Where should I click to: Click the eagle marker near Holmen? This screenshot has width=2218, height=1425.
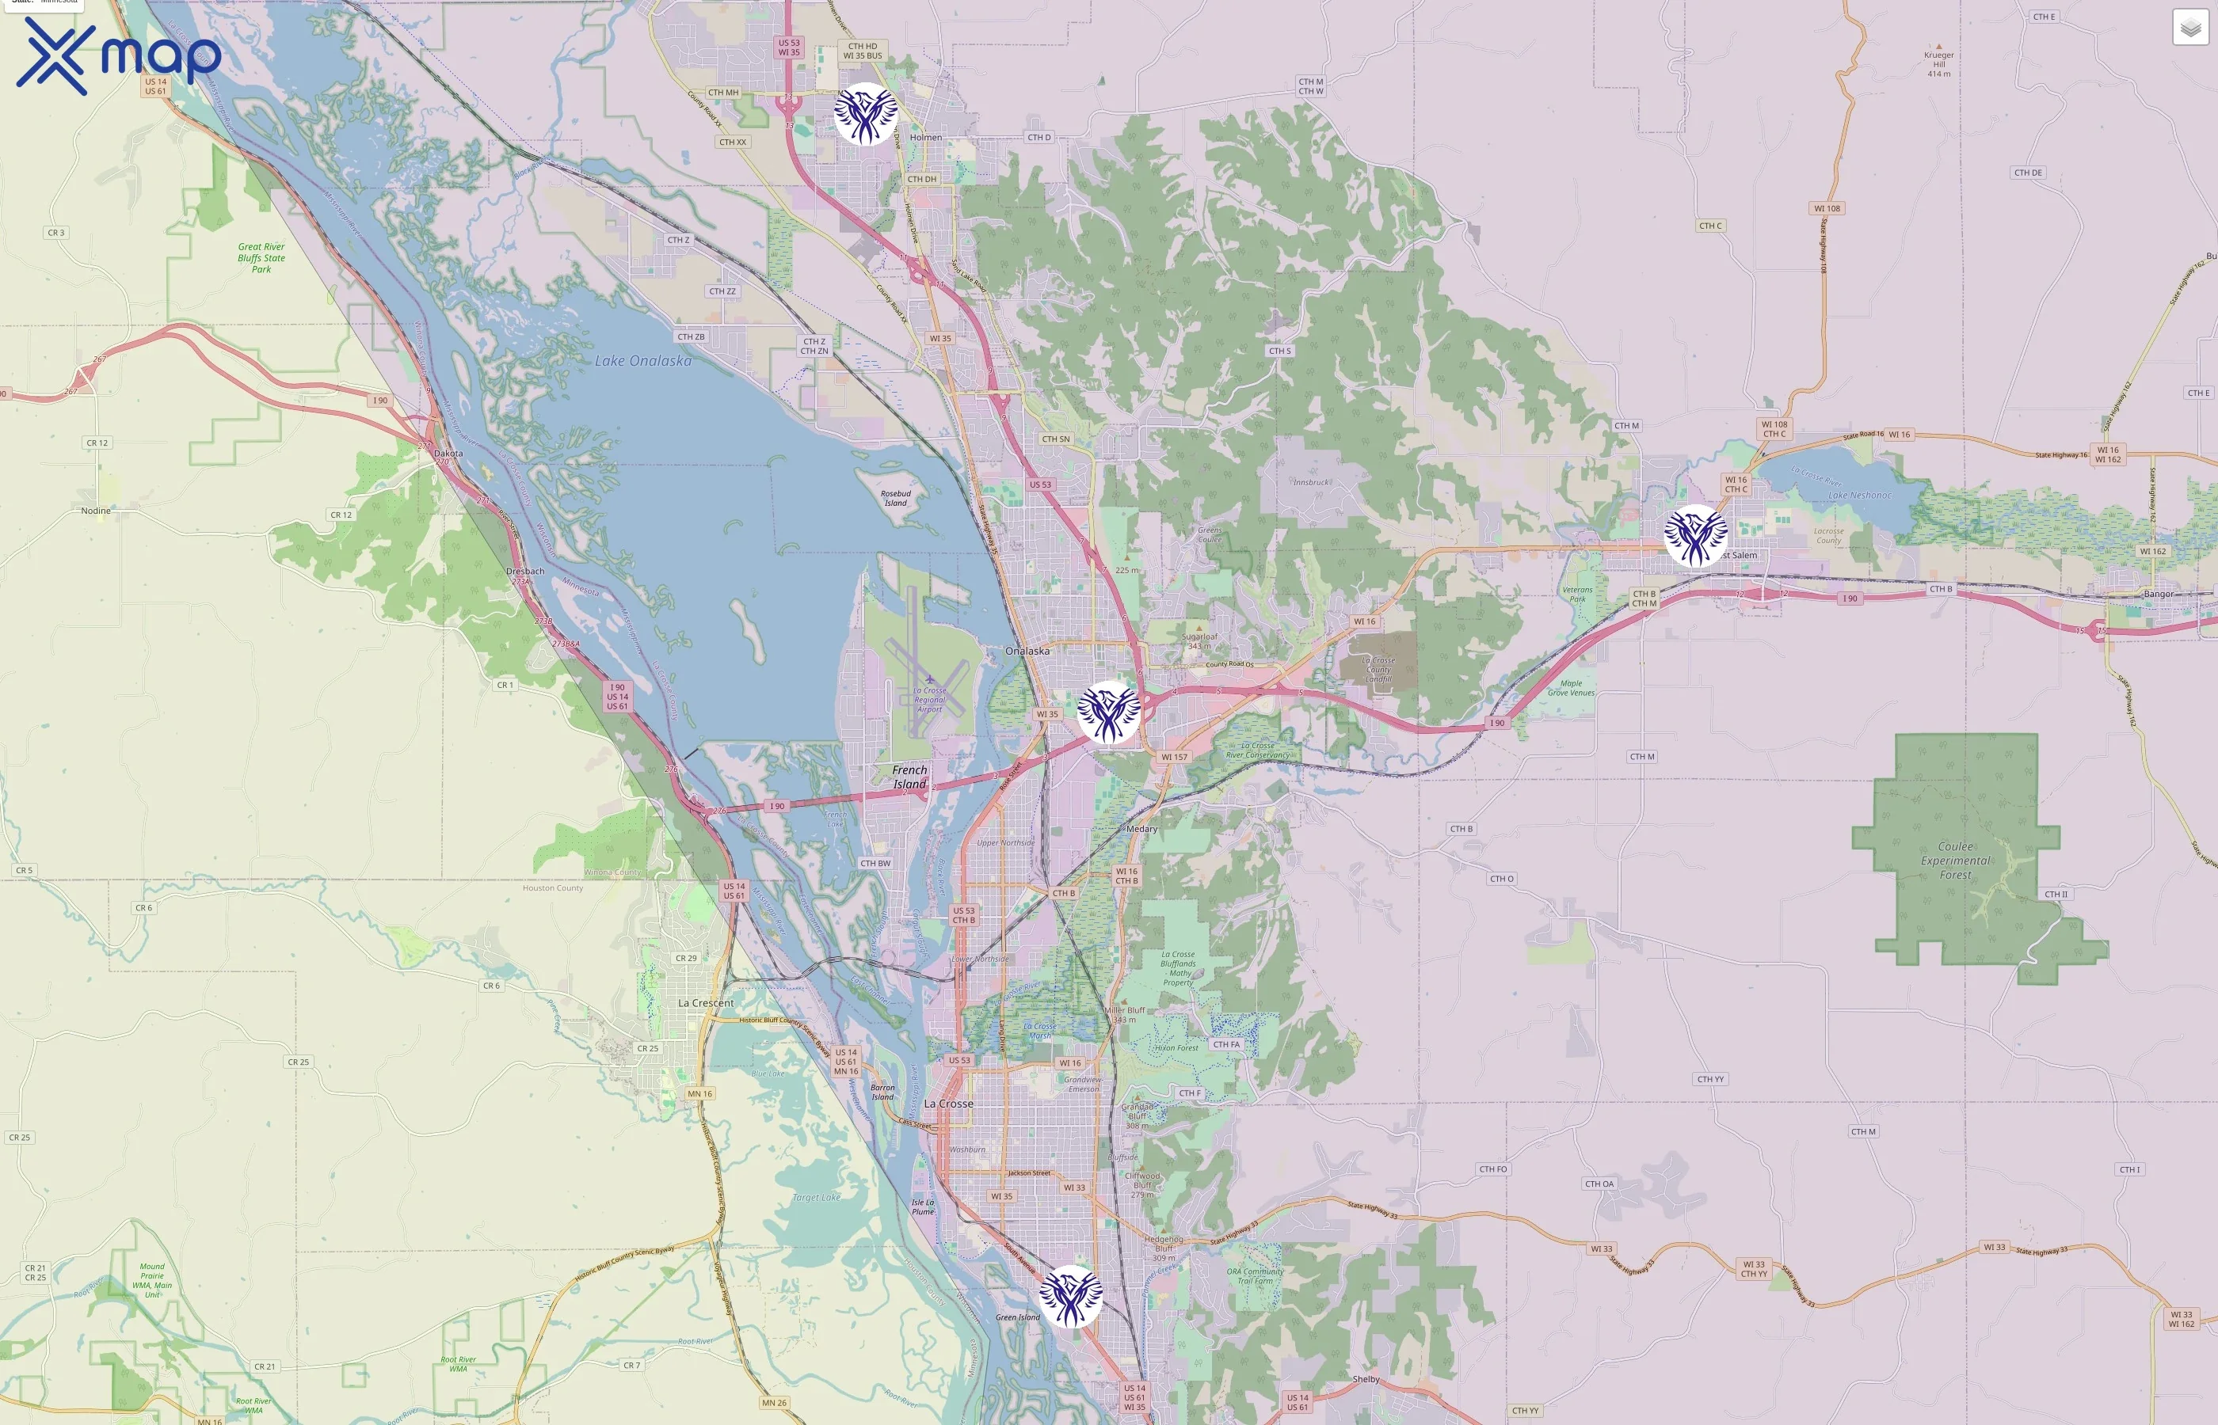(x=866, y=114)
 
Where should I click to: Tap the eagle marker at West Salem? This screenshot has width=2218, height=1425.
(x=1695, y=536)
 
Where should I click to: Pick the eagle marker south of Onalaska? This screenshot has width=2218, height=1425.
(x=1108, y=712)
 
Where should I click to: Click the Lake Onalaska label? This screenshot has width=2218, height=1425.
(x=642, y=361)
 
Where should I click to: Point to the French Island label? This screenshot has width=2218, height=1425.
(x=909, y=777)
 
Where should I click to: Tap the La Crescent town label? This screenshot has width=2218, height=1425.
(x=705, y=1003)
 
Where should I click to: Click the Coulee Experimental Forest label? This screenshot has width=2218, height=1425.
(x=1955, y=861)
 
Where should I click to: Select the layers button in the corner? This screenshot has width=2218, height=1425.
(x=2189, y=28)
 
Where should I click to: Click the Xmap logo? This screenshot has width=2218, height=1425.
(x=119, y=55)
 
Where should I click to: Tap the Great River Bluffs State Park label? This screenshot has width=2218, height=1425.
(x=261, y=258)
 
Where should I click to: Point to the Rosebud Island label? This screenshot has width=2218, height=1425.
(x=895, y=498)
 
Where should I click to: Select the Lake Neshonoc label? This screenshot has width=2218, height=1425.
(x=1860, y=495)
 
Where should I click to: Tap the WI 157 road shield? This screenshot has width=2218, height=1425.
(x=1174, y=757)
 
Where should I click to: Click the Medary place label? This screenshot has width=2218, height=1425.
(x=1141, y=829)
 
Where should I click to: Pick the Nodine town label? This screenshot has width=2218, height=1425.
(x=95, y=511)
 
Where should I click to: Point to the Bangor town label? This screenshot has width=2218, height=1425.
(x=2158, y=594)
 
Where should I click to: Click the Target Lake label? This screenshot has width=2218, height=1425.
(x=817, y=1197)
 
